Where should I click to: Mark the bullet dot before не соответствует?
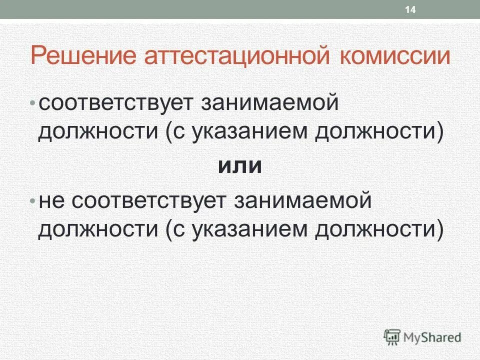33,201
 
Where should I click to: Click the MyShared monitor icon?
392,337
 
